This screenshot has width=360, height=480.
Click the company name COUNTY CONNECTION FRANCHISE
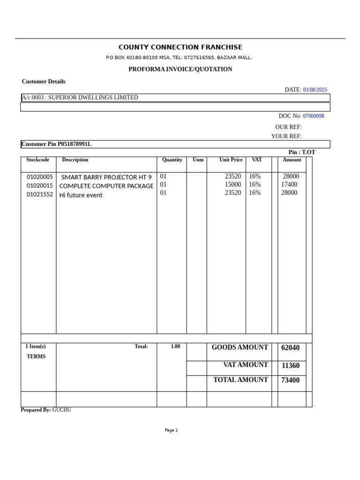tap(180, 47)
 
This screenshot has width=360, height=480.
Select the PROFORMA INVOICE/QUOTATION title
tap(180, 69)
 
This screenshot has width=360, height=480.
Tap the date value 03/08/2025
tap(315, 90)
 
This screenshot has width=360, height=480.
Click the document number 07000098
tap(313, 116)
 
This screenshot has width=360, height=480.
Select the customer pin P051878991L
tap(75, 144)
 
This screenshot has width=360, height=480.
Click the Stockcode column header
tap(37, 160)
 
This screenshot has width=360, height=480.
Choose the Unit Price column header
tap(231, 160)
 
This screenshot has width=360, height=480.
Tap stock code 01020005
tap(40, 177)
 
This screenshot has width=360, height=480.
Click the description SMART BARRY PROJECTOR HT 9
tap(106, 177)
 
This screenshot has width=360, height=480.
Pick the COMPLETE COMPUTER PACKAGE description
tap(106, 186)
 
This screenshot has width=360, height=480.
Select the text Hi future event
tap(81, 195)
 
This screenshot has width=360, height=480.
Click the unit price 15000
tap(232, 185)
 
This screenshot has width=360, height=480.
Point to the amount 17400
tap(289, 185)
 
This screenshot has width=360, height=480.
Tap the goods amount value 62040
tap(290, 348)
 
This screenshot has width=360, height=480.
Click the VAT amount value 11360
tap(290, 366)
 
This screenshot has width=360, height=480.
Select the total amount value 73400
tap(290, 380)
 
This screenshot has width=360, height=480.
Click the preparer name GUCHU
tap(61, 410)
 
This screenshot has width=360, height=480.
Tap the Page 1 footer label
tap(171, 430)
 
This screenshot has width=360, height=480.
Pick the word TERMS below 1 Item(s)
tap(36, 357)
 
